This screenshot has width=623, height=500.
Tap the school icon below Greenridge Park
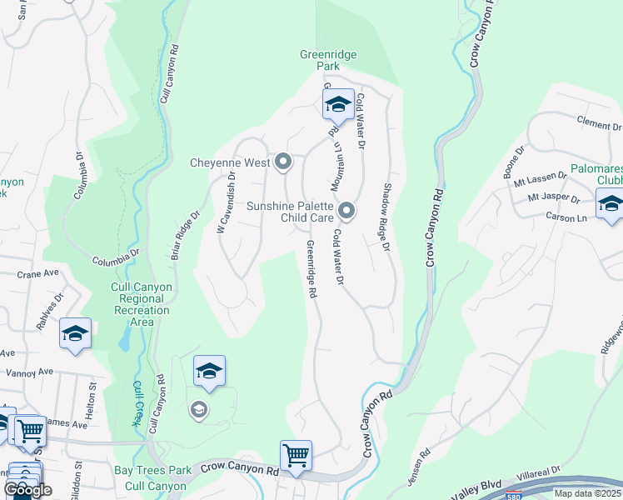point(338,105)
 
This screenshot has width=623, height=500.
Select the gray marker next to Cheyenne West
point(283,162)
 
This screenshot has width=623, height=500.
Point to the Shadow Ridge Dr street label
point(387,218)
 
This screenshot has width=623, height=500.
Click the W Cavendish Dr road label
point(227,202)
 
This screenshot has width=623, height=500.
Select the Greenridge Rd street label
point(310,268)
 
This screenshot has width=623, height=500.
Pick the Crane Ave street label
point(38,272)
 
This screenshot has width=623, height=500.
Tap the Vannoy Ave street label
point(28,372)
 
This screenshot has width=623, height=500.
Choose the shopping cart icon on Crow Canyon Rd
point(296,456)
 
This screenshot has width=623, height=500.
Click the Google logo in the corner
point(28,490)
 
